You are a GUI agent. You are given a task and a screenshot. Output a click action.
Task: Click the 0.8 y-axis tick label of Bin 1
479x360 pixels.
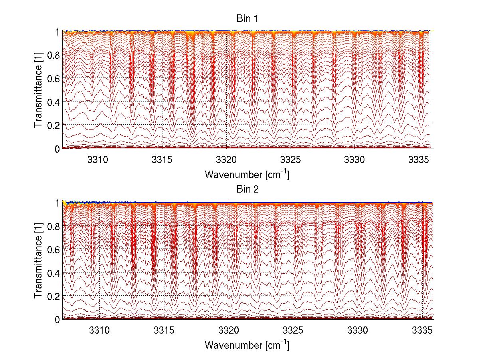(52, 55)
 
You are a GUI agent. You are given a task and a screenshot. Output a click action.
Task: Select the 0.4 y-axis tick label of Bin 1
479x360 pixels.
(52, 102)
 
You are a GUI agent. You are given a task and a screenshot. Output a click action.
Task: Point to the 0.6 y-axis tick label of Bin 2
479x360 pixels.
(52, 249)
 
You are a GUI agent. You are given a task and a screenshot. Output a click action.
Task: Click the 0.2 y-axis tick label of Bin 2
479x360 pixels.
(52, 296)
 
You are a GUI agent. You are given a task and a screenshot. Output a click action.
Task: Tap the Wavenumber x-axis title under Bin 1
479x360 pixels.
(247, 174)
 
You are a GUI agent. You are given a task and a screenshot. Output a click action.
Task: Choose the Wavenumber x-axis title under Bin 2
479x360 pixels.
(247, 345)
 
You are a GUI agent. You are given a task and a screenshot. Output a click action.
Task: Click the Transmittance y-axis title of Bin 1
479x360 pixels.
(38, 90)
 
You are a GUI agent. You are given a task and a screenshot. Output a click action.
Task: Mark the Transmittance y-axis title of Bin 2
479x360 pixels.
(38, 261)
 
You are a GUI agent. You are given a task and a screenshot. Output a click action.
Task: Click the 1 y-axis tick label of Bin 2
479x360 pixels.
(57, 203)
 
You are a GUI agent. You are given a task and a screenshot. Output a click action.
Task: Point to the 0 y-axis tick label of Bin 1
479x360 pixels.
(57, 149)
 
